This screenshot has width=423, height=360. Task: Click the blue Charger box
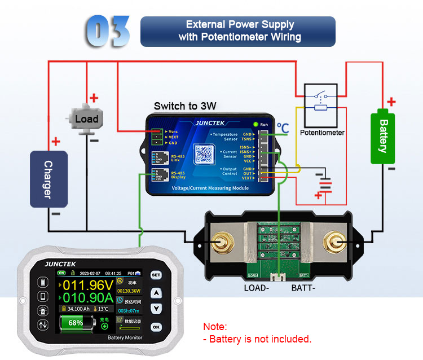[x=49, y=179]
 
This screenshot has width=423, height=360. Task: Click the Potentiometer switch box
[x=321, y=105]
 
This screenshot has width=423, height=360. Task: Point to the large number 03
[x=109, y=30]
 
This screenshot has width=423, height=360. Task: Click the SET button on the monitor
[x=156, y=275]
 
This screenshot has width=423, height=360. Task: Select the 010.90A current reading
[x=89, y=298]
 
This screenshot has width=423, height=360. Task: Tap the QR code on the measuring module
[x=207, y=154]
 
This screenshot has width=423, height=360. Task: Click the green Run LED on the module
[x=256, y=124]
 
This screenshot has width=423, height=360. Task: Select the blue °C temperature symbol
[x=283, y=129]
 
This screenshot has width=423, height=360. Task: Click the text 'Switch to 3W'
[x=185, y=106]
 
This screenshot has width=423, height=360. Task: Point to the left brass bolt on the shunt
[x=219, y=243]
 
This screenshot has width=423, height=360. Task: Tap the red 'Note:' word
[x=215, y=327]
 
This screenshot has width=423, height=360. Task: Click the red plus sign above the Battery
[x=391, y=102]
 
